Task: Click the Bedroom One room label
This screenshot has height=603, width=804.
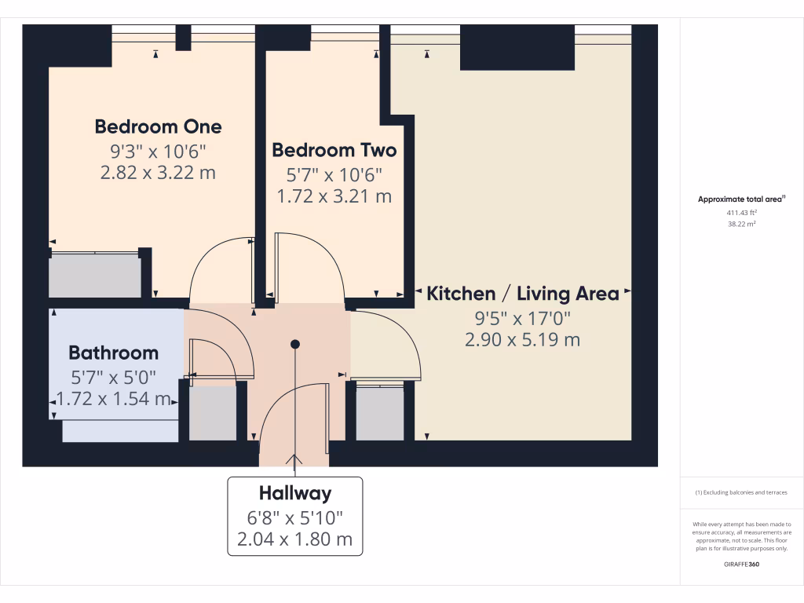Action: point(158,126)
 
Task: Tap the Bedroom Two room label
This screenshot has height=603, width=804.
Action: point(334,150)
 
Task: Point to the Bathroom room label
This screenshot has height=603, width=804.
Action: point(113,353)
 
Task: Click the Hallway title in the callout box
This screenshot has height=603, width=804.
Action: point(295,494)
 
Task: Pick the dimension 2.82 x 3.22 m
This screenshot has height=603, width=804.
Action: point(158,173)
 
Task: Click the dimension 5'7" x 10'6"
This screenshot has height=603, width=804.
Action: point(334,174)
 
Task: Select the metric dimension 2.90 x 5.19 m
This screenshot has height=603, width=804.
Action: point(521,340)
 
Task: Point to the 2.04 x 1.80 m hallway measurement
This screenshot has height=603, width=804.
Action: point(295,539)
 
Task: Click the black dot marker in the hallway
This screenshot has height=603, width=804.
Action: point(295,344)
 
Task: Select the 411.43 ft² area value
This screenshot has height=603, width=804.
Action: point(742,213)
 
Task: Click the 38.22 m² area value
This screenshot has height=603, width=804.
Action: point(742,224)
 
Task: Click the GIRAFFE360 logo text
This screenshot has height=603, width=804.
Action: point(741,565)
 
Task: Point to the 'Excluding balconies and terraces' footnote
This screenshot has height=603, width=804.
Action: point(741,493)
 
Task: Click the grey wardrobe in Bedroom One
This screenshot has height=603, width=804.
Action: point(95,276)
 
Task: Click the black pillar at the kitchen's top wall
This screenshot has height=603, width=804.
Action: point(517,47)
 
